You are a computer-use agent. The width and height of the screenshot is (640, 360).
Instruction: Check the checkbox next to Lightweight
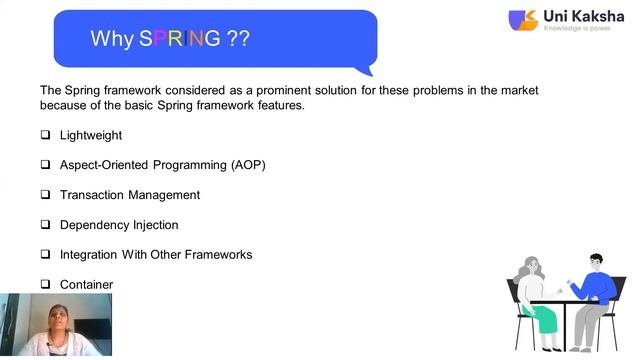tap(45, 135)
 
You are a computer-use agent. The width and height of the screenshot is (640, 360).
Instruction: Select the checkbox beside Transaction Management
tap(45, 195)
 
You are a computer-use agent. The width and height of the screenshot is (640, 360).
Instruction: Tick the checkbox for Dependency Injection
tap(45, 225)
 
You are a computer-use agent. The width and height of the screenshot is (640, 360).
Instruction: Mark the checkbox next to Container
tap(45, 285)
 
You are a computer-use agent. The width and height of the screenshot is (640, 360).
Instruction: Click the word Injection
tap(152, 225)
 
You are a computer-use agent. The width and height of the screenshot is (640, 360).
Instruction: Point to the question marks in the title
tap(238, 39)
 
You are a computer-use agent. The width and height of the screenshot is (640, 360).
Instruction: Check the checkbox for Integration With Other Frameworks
tap(45, 255)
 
